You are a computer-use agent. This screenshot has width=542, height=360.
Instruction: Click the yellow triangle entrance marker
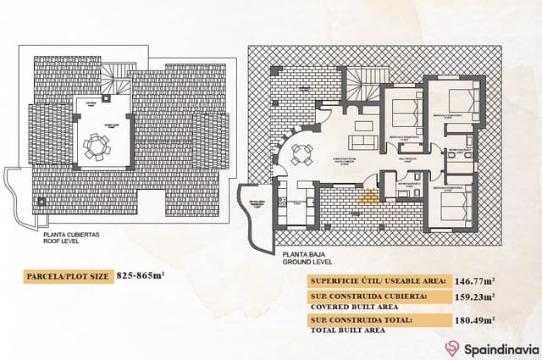click(367, 199)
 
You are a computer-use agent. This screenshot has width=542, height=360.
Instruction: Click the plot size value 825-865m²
click(141, 276)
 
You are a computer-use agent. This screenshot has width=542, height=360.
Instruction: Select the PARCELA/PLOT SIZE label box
click(65, 276)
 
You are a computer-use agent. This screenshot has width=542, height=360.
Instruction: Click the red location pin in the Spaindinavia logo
click(451, 348)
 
